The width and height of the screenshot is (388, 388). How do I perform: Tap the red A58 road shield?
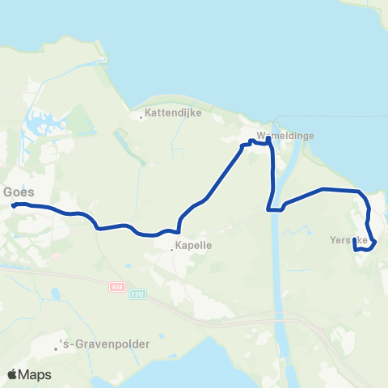(117, 286)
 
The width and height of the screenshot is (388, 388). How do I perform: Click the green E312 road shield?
(137, 294)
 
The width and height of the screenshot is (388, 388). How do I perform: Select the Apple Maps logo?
(29, 374)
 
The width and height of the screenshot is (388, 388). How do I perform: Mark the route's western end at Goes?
(14, 205)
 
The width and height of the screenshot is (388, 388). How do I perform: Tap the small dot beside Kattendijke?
(142, 117)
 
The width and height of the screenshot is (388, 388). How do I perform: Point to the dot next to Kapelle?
(172, 249)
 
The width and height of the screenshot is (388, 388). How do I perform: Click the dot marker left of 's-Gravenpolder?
(57, 348)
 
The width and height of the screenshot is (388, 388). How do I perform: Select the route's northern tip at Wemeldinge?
(268, 138)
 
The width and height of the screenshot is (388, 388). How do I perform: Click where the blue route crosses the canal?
(276, 209)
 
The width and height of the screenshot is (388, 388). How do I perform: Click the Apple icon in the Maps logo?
(12, 374)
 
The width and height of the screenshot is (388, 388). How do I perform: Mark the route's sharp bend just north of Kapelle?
(178, 229)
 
